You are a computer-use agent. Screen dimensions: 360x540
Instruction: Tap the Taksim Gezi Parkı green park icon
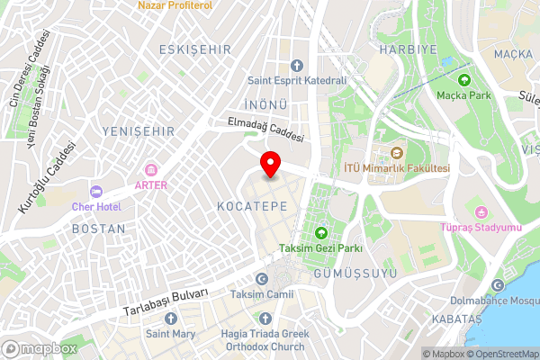(x=320, y=233)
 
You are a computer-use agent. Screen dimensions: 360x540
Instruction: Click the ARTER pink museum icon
(x=151, y=169)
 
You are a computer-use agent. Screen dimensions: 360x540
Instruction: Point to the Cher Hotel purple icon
(x=94, y=191)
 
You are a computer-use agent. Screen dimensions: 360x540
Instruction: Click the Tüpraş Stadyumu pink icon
(x=481, y=212)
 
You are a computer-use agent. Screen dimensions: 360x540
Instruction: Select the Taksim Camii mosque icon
(x=261, y=279)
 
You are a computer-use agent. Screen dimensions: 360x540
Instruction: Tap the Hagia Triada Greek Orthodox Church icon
(x=265, y=318)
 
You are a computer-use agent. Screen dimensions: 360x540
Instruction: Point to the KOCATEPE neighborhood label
(x=252, y=206)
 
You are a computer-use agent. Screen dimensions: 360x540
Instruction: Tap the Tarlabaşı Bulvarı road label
(x=166, y=303)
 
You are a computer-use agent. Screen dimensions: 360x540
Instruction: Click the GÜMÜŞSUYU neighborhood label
(x=343, y=271)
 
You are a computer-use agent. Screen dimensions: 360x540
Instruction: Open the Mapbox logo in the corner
(x=38, y=348)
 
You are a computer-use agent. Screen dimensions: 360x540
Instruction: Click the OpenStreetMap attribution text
(x=501, y=354)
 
